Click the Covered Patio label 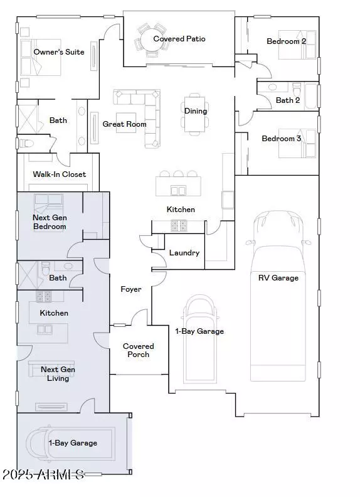click(179, 39)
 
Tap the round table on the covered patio click(152, 40)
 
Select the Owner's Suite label click(59, 52)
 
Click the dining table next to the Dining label click(194, 114)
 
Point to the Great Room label click(124, 124)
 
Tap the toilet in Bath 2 click(297, 89)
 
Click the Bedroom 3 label click(281, 139)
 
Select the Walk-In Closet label click(59, 174)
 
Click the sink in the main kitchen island click(177, 191)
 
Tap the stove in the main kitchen click(179, 225)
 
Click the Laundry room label click(184, 253)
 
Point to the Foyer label click(131, 289)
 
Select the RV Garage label click(278, 278)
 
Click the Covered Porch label click(138, 350)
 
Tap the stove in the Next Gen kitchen click(43, 296)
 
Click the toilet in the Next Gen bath click(46, 269)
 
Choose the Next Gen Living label click(58, 374)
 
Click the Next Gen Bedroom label click(50, 222)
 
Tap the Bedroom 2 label click(286, 41)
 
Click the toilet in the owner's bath click(26, 144)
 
